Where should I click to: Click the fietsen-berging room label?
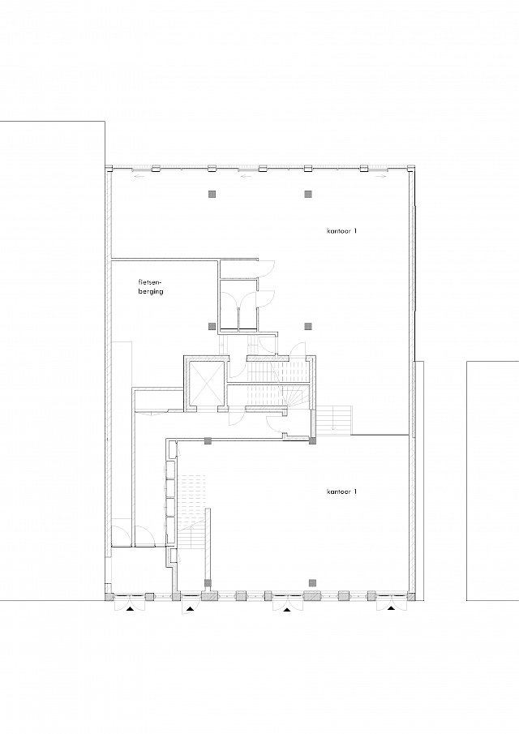(x=151, y=287)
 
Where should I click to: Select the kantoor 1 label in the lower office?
(x=341, y=492)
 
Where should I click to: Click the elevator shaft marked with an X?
(x=204, y=382)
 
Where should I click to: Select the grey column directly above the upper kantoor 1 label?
(x=308, y=194)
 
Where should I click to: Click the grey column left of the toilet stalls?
(x=212, y=326)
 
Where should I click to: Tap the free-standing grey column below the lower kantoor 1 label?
(x=314, y=582)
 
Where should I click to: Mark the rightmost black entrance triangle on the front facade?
(x=392, y=607)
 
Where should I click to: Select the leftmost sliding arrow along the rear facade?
(x=140, y=174)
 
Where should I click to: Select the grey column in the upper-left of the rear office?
(x=212, y=194)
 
